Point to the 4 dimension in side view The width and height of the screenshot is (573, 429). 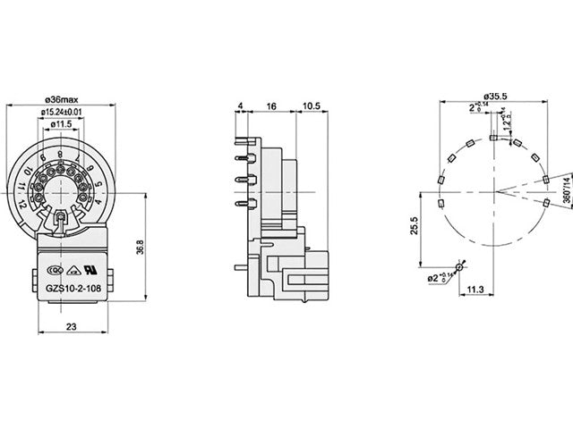click(x=242, y=105)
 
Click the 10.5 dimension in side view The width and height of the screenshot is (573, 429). click(x=312, y=105)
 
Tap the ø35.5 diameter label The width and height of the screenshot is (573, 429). click(x=494, y=96)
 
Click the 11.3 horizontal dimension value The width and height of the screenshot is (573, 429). click(x=475, y=290)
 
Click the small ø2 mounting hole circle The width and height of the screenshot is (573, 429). click(x=460, y=266)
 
